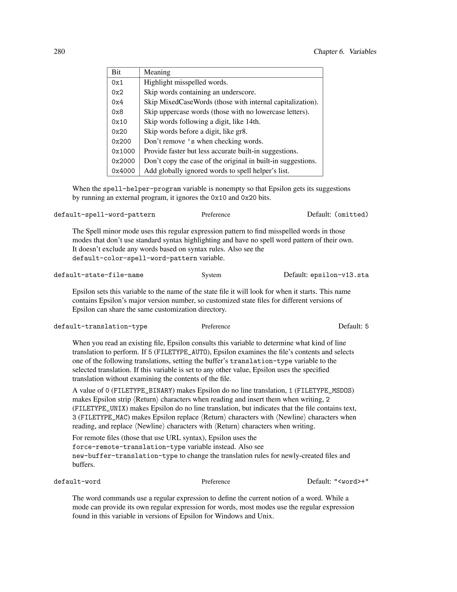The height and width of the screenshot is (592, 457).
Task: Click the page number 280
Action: pos(59,52)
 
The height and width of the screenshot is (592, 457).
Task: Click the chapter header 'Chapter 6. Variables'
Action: pos(345,52)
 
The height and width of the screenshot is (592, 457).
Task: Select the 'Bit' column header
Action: pos(116,72)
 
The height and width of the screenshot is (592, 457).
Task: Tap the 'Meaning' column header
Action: pos(157,72)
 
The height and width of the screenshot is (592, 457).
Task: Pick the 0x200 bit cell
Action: pos(121,141)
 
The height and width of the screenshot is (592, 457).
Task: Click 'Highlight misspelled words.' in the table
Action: pos(186,82)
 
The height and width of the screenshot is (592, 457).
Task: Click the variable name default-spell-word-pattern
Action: pos(104,215)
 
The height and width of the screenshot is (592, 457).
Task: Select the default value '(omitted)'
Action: pos(351,215)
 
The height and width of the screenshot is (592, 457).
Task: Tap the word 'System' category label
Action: pos(211,275)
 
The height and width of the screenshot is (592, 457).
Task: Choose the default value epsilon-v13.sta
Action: pos(339,275)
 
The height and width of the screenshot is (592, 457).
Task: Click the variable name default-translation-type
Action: pos(100,327)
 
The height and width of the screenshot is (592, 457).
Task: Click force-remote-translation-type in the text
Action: pos(129,447)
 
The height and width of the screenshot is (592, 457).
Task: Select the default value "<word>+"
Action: pos(351,482)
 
